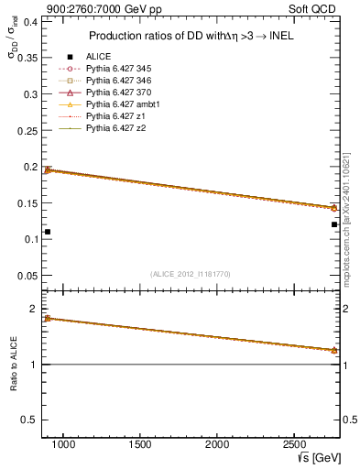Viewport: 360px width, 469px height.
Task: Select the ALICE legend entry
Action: [x=98, y=57]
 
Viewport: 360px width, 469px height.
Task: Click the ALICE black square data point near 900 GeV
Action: [x=48, y=232]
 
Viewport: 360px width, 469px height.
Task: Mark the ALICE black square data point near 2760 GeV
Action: [x=334, y=224]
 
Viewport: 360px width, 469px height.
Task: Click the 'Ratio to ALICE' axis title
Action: [x=13, y=364]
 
